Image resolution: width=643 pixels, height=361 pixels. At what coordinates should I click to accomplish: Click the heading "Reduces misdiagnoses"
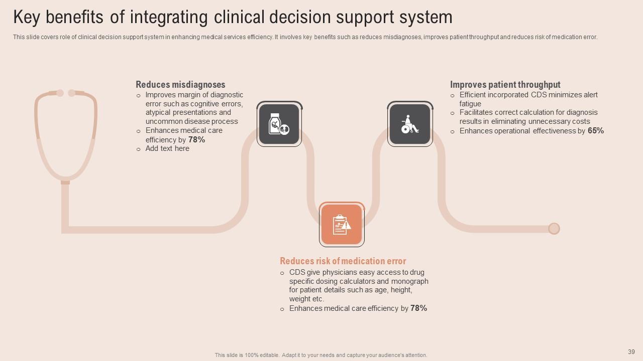coord(180,85)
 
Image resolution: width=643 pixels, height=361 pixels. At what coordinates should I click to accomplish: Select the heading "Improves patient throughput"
coord(505,85)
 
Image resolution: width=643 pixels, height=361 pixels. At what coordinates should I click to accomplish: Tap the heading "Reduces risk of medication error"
coord(343,261)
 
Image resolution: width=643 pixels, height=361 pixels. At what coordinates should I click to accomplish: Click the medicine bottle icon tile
coord(279,124)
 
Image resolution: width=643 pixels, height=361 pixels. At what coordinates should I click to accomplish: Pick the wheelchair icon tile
coord(410,124)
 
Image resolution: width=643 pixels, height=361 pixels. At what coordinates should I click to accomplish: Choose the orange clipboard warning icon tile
coord(342,225)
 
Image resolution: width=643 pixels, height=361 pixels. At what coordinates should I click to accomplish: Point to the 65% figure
coord(596,131)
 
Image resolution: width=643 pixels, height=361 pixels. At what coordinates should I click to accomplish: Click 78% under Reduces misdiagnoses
coord(196,140)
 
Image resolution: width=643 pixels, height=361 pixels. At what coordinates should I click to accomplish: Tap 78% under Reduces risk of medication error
coord(418,308)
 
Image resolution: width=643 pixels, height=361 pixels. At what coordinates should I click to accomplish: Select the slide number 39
coord(631,352)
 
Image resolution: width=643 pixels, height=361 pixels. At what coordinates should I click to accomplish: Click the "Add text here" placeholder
coord(167,148)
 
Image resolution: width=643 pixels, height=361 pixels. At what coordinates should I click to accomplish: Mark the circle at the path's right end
coord(554,229)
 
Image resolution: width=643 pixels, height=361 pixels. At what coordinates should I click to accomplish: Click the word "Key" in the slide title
coord(26,17)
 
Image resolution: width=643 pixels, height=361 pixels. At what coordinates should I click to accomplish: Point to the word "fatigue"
coord(470,104)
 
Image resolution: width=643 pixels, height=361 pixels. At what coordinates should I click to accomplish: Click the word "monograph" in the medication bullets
coord(410,281)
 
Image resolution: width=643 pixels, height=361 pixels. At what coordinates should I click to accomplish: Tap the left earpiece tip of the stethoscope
coord(60,93)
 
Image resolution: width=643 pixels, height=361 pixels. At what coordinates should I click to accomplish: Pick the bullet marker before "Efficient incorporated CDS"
coord(452,95)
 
